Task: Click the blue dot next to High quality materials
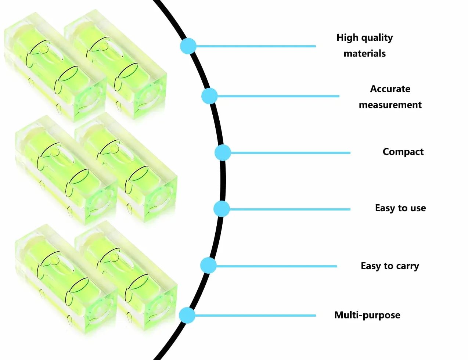click(188, 46)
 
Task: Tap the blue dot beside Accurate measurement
click(209, 96)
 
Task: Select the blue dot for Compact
click(223, 152)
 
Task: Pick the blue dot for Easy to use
click(222, 209)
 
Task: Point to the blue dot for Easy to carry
click(208, 266)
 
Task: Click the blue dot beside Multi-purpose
click(187, 315)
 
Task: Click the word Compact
click(403, 152)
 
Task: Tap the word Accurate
click(390, 89)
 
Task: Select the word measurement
click(390, 105)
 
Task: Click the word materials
click(364, 53)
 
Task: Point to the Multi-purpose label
click(367, 315)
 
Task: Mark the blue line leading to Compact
click(291, 153)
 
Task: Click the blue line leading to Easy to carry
click(277, 266)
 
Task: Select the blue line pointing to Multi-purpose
click(255, 316)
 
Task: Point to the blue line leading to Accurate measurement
click(278, 96)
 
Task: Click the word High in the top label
click(348, 38)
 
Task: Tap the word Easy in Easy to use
click(385, 208)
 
